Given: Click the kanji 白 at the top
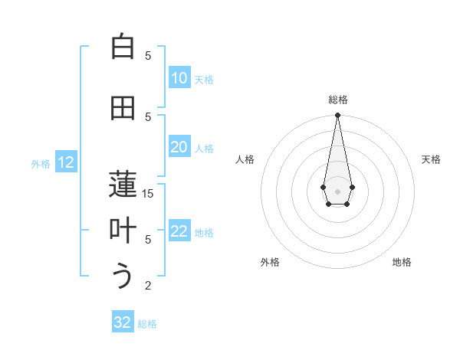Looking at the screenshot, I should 123,47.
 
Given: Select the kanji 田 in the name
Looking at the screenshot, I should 123,109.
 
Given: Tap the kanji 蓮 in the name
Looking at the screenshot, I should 123,185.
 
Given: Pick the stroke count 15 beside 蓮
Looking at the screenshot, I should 148,194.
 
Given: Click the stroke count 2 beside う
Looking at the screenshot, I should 148,286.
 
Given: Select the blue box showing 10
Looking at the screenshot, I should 179,78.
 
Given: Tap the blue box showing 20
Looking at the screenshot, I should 179,147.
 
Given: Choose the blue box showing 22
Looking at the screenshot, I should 179,231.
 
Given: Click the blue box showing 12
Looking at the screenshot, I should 66,162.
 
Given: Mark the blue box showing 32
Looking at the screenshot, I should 123,322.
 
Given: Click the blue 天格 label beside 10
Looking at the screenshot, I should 204,79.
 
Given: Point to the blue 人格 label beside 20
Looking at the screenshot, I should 204,148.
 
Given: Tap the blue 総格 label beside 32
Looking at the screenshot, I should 147,324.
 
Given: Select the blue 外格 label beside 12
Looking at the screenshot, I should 41,163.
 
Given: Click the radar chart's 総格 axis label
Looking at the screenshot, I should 337,100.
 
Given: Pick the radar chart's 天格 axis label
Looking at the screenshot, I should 432,159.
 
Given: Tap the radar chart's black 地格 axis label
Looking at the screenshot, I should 402,262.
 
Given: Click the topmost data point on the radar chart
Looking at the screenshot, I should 337,116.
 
